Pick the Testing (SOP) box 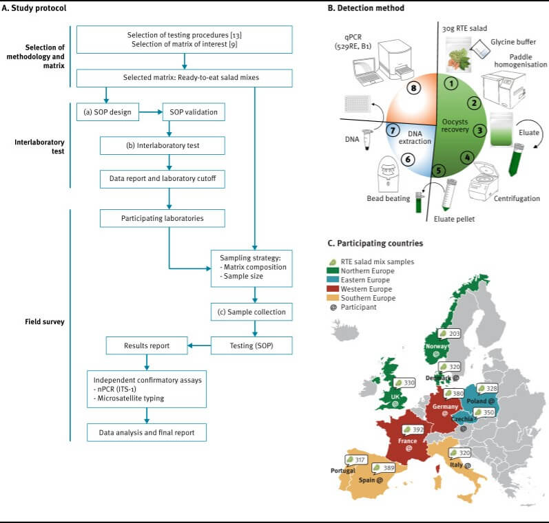256,343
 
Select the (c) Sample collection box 255,311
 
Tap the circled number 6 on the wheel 408,158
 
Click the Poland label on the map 481,401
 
